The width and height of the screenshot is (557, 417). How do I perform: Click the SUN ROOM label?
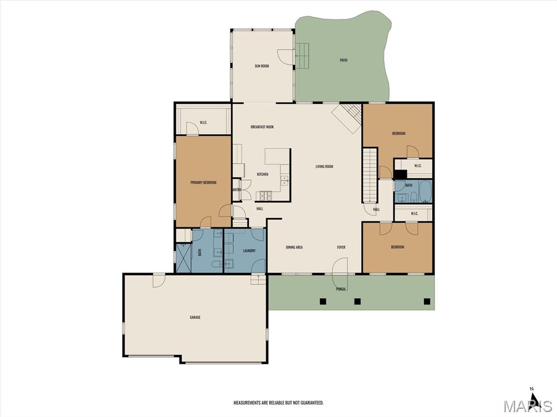262,66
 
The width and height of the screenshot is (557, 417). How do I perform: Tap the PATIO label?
344,60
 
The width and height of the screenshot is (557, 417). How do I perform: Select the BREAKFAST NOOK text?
262,127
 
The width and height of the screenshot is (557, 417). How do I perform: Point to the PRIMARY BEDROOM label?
203,182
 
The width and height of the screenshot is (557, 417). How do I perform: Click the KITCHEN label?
263,174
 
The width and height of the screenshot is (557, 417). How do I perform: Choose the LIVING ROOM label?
324,166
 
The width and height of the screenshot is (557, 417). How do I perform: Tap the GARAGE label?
195,317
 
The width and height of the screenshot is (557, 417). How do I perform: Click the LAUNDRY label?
249,251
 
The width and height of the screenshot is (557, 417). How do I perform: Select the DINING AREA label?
294,248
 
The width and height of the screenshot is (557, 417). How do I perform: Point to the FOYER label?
341,248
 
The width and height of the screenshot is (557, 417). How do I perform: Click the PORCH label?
341,289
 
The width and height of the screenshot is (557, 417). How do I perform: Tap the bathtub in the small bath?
425,192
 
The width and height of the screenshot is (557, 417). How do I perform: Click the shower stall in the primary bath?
184,257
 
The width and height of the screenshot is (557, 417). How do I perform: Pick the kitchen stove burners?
265,195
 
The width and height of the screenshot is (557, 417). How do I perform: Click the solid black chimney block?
400,175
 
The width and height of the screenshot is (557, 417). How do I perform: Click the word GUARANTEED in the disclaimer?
312,403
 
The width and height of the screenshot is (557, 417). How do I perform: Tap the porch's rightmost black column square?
427,301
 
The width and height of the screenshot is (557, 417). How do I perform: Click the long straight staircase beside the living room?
370,175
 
